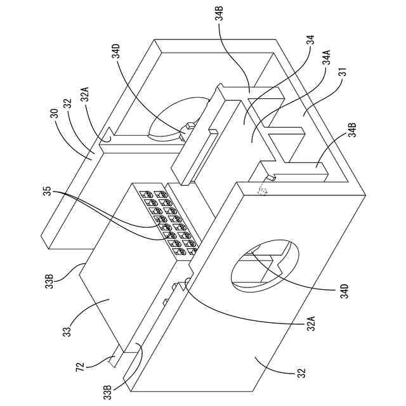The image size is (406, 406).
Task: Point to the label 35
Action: [53, 191]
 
